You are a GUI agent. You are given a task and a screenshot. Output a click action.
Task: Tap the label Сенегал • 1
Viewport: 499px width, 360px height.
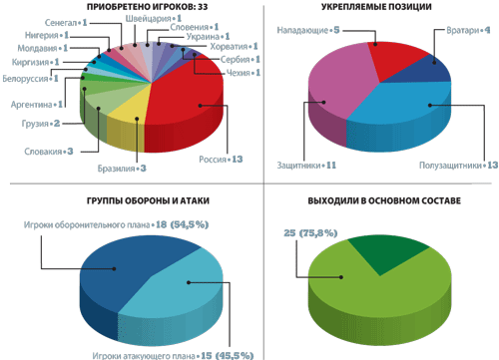coord(66,23)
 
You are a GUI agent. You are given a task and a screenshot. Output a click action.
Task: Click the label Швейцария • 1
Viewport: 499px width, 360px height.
coord(154,18)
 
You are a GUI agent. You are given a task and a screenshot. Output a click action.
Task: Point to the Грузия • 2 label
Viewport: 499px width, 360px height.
coord(41,124)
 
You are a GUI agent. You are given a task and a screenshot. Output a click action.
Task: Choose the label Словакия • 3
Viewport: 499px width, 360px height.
coord(49,152)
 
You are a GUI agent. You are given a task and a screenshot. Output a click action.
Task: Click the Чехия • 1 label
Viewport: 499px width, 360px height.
coord(244,73)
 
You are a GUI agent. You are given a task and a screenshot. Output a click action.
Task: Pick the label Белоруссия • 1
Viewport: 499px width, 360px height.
coord(30,79)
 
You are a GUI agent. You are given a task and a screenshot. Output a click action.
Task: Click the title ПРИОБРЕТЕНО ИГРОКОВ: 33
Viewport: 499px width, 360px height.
coord(148,7)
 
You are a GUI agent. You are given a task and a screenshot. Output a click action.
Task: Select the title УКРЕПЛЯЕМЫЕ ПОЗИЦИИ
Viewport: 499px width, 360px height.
coord(376,7)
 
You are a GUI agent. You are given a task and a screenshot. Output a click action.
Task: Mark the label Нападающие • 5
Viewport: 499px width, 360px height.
coord(308,30)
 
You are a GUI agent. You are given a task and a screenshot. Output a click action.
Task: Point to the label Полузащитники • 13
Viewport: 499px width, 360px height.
coord(458,166)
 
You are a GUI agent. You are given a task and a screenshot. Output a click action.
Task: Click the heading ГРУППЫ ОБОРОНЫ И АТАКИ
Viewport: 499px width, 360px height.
coord(148,200)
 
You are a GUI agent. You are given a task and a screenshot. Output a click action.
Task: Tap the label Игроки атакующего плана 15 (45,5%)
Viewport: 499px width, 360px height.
coord(173,355)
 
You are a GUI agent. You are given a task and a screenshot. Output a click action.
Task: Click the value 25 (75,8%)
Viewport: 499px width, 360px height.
coord(310,233)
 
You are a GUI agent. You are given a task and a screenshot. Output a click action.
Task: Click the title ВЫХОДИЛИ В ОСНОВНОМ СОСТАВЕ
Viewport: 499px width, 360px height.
coord(384,200)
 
